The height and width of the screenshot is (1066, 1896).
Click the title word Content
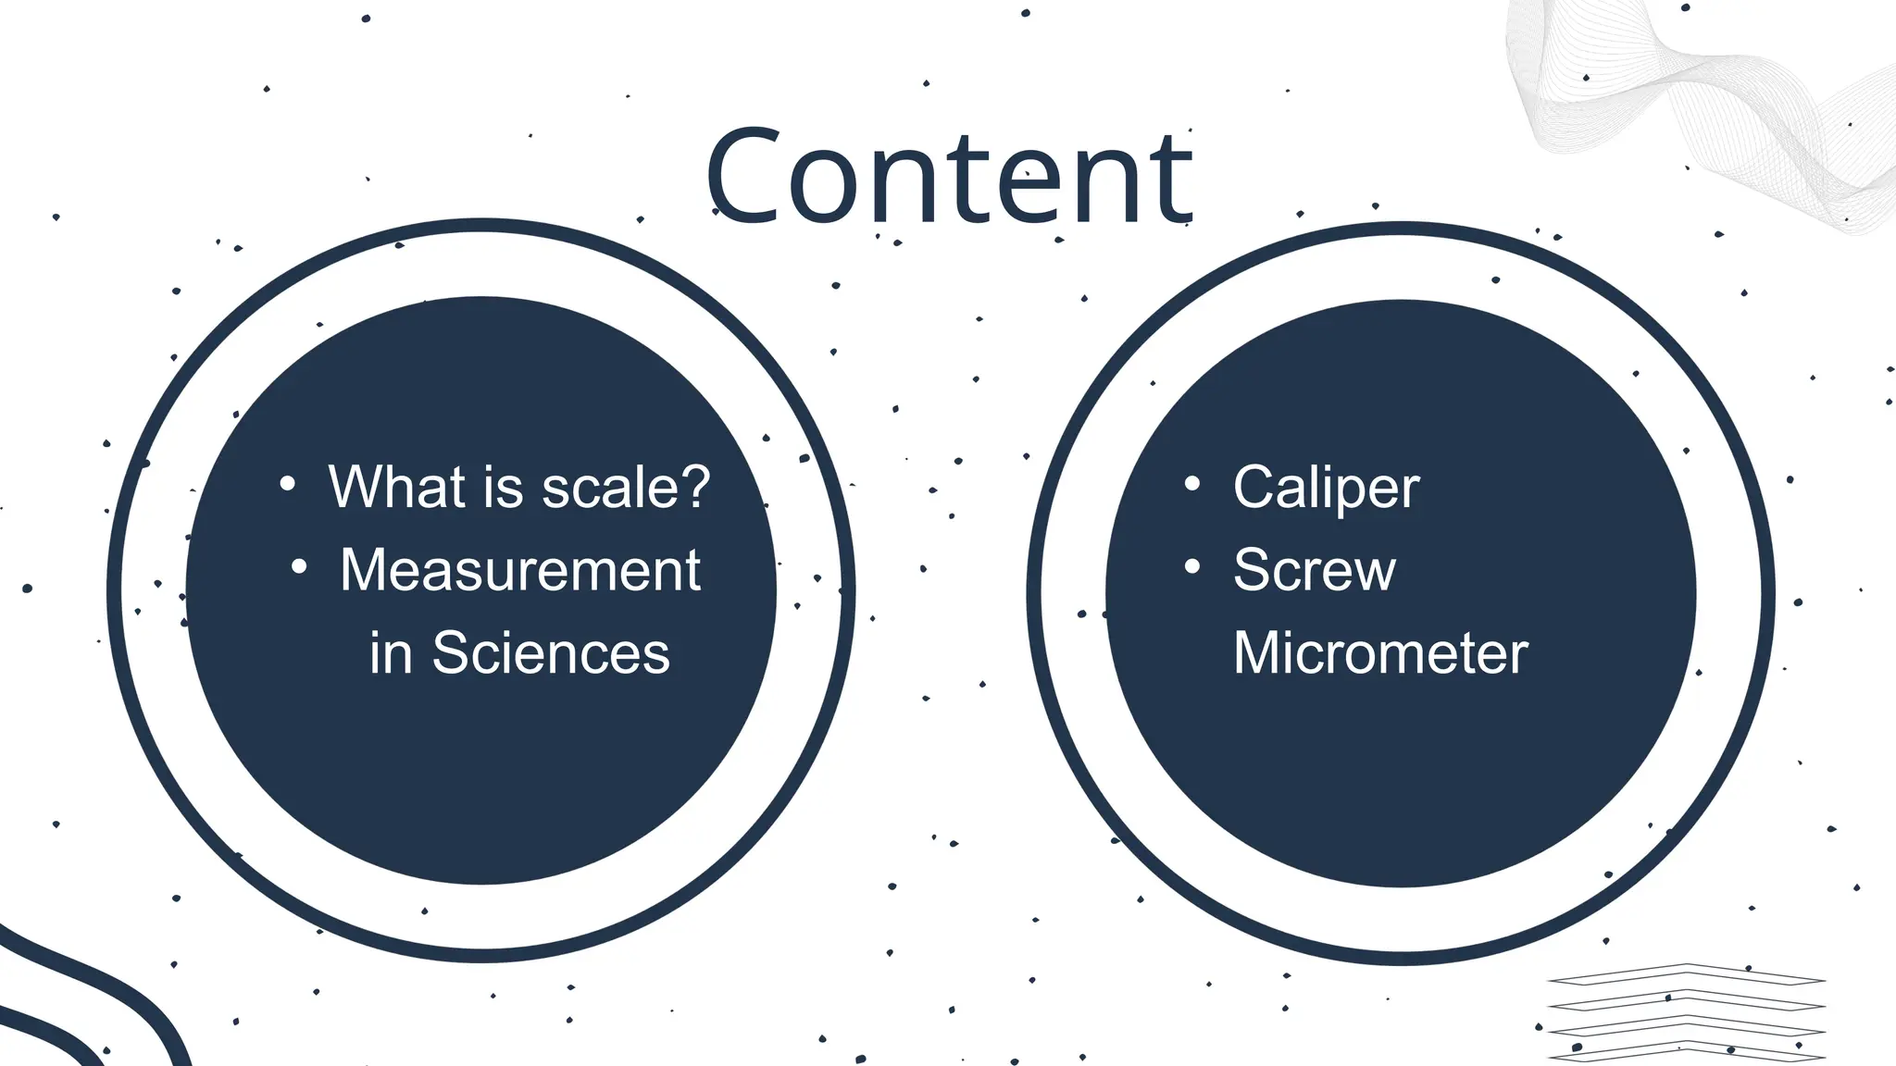click(x=948, y=178)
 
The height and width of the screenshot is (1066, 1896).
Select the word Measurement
click(x=519, y=570)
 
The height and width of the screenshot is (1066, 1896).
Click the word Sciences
click(x=551, y=653)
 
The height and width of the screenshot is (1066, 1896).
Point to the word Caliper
click(x=1326, y=488)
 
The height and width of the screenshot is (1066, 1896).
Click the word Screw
click(x=1314, y=570)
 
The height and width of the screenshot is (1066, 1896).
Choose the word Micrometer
click(x=1379, y=653)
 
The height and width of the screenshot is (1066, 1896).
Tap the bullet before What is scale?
click(x=288, y=484)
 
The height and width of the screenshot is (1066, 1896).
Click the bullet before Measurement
click(x=299, y=566)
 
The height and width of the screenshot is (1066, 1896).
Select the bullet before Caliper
click(x=1192, y=484)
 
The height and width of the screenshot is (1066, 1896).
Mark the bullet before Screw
click(x=1192, y=566)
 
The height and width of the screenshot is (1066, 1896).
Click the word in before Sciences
click(x=391, y=653)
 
